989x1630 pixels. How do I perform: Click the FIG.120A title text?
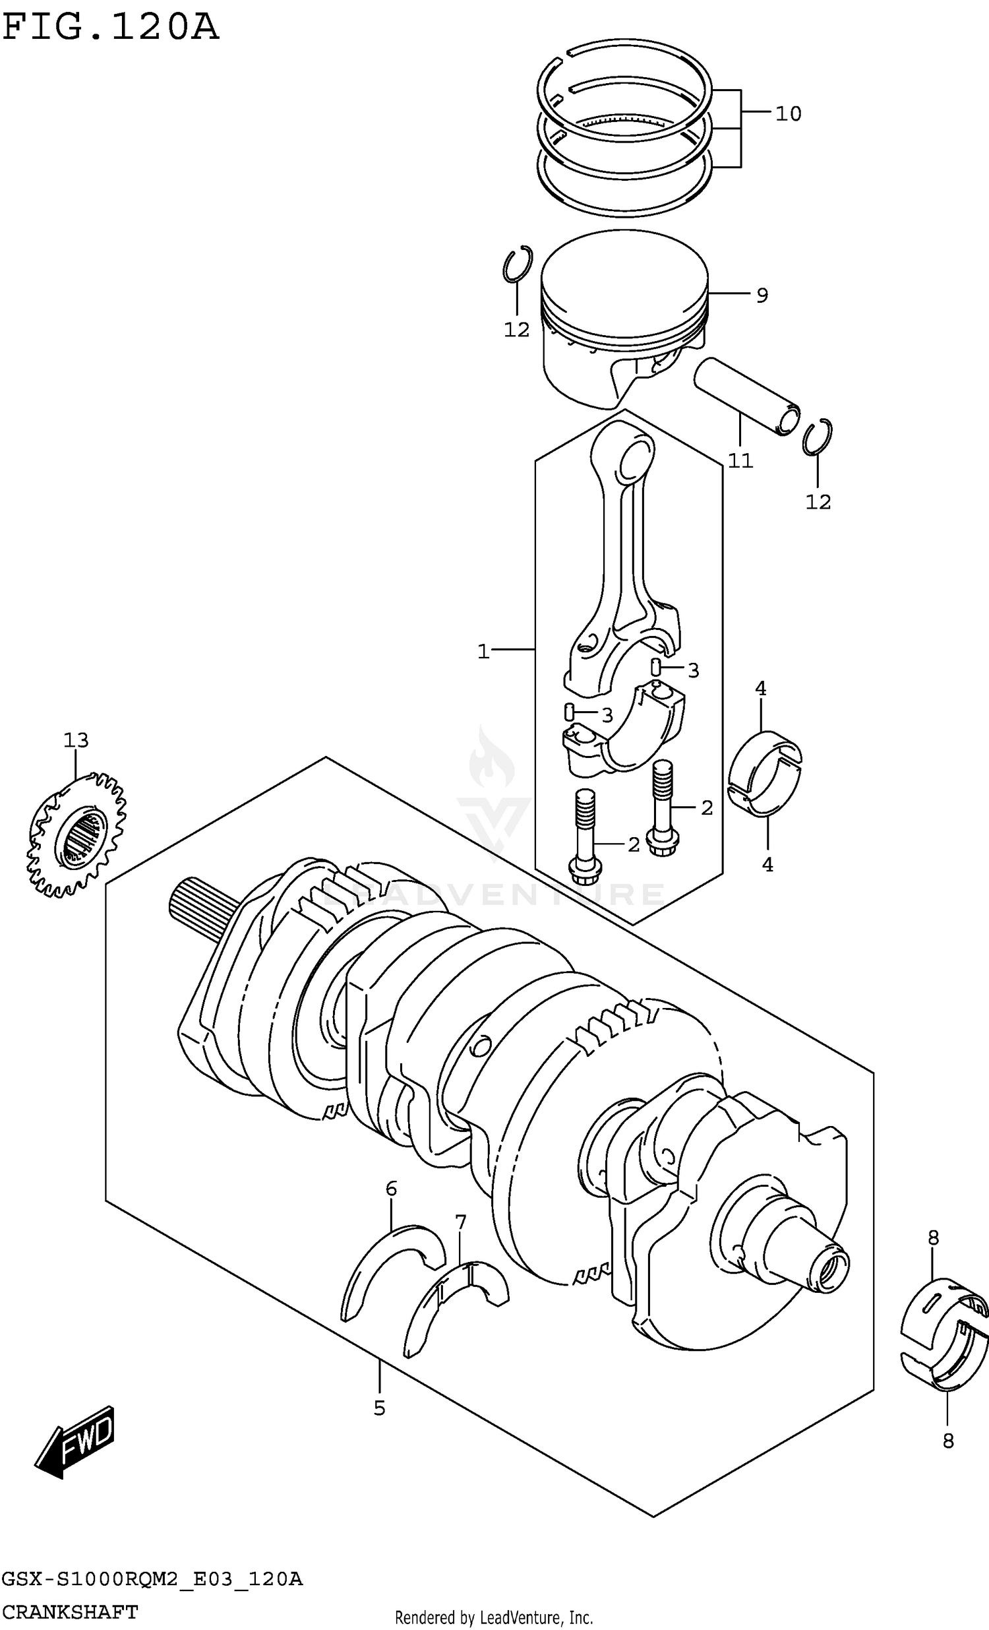[x=109, y=28]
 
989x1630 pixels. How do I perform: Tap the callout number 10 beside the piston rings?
[x=787, y=113]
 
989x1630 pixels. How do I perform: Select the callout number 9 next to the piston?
[x=762, y=295]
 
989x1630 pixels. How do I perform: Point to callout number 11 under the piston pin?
[x=740, y=460]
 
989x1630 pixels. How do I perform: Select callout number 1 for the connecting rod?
[x=483, y=652]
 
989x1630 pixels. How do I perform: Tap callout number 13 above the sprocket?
[x=76, y=740]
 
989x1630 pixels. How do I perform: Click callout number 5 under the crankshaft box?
[x=379, y=1408]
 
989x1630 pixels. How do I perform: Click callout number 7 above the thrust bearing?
[x=460, y=1222]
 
